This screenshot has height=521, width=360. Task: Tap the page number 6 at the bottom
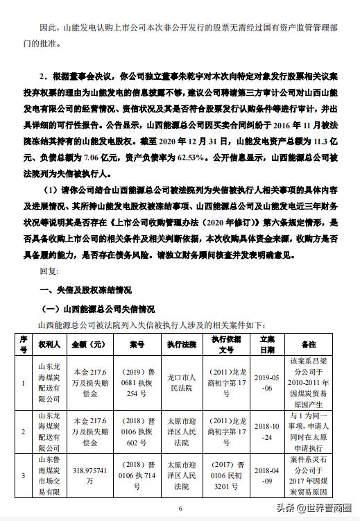(x=180, y=509)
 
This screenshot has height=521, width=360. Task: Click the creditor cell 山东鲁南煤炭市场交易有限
(x=51, y=478)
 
